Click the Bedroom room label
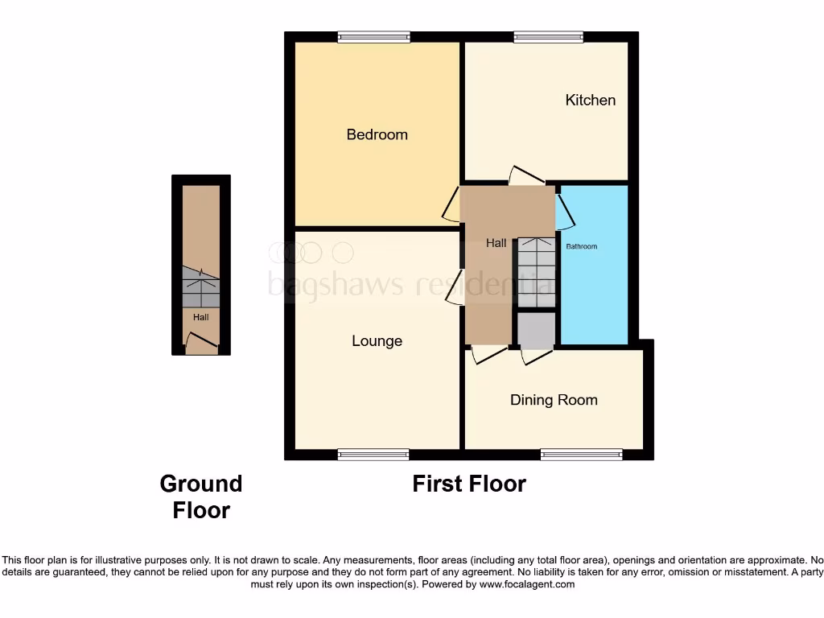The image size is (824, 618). (x=377, y=134)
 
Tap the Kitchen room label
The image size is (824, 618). (x=590, y=100)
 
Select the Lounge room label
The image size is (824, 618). (x=377, y=341)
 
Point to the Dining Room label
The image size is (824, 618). (x=554, y=400)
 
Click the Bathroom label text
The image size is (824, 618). (x=581, y=246)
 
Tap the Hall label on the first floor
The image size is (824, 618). (x=496, y=243)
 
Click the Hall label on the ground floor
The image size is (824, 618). (x=200, y=318)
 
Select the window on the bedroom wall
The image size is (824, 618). (x=373, y=36)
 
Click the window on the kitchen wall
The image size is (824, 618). (x=549, y=36)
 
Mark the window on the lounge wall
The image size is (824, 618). (x=373, y=455)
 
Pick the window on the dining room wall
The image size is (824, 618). (x=581, y=455)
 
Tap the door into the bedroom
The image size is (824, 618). (x=451, y=204)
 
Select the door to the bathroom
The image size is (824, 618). (x=566, y=209)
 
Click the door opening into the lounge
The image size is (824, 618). (x=453, y=288)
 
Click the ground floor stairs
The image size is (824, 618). (x=200, y=288)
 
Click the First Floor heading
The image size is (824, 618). (x=469, y=484)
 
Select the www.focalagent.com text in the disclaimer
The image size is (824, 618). (x=527, y=585)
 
